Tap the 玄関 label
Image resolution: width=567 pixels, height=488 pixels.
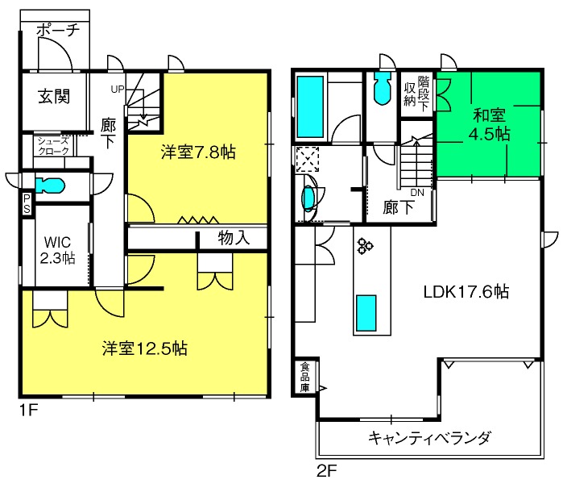(53, 97)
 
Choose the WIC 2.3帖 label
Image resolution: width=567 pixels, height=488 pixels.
(57, 249)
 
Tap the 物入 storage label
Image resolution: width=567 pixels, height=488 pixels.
(234, 238)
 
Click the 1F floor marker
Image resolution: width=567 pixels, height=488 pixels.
(29, 410)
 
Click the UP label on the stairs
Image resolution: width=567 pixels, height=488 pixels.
(118, 90)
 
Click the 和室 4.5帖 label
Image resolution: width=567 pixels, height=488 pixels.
(490, 123)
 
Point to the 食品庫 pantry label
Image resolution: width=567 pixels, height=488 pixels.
(305, 377)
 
